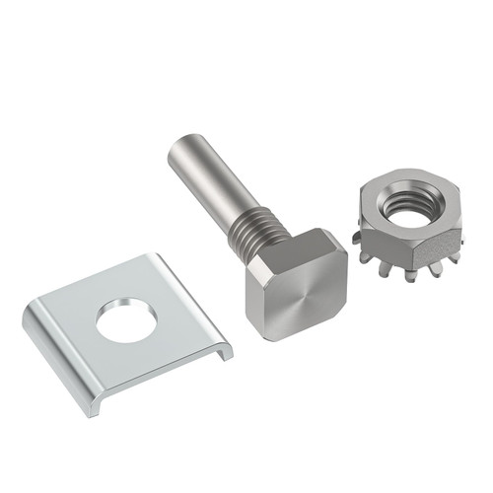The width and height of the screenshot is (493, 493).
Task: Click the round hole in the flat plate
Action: pos(127,319)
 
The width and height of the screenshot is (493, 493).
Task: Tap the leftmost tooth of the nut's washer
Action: pos(357,238)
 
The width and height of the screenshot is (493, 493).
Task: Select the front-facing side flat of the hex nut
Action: pos(399,243)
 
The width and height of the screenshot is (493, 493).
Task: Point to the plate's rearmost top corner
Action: pos(159,258)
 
